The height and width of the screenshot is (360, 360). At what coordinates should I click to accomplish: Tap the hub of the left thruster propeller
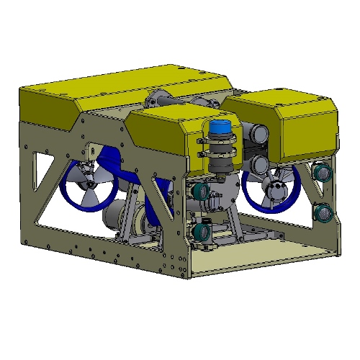coord(89,189)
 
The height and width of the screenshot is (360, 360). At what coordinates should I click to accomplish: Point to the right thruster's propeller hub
coord(275,190)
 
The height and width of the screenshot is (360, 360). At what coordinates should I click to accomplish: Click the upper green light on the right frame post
coord(322,174)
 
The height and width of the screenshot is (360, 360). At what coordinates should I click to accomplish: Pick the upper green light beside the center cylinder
coord(201,191)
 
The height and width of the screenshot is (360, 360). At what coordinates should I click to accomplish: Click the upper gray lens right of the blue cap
coord(258,131)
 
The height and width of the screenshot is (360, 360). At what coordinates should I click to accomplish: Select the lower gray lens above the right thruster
coord(257,159)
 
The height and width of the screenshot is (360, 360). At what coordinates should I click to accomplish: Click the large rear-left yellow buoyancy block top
coord(122,86)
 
